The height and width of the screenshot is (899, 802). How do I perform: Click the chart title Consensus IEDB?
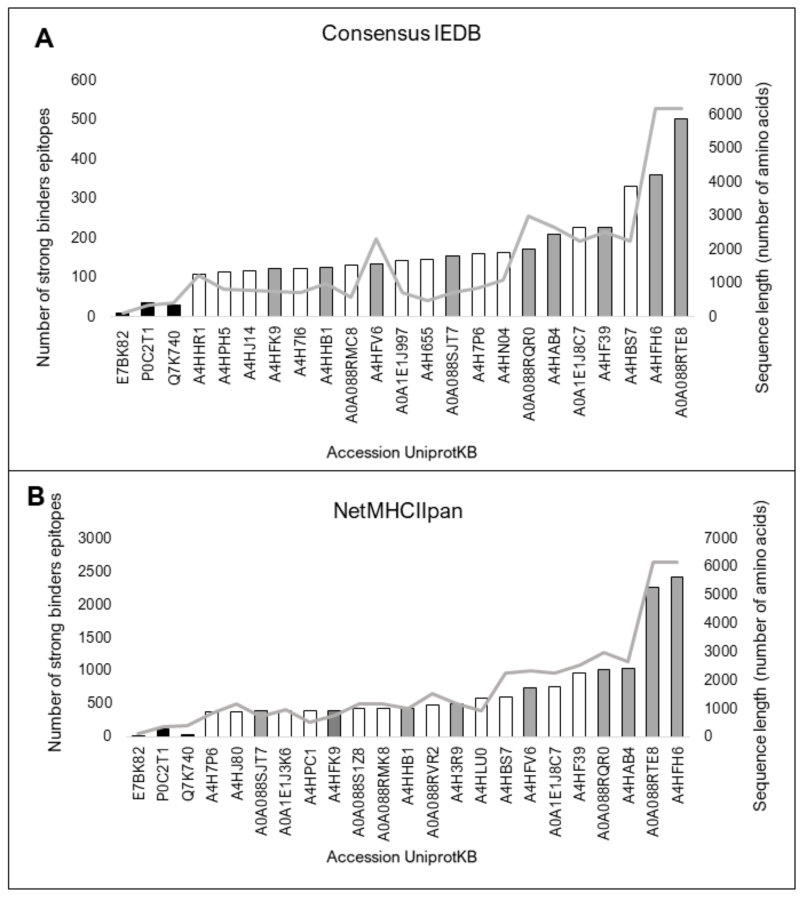point(401,34)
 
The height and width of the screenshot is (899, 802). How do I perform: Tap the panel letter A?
point(44,40)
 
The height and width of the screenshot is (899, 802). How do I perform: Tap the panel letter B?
point(36,497)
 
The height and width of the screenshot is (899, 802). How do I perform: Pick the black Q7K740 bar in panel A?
point(173,310)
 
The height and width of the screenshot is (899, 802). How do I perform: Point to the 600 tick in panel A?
point(83,80)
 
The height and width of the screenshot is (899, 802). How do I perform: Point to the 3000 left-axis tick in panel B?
point(94,538)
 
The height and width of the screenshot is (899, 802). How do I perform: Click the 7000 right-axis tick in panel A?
point(725,80)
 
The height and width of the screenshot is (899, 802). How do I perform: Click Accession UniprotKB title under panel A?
point(401,453)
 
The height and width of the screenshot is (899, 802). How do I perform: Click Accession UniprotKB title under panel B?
point(401,857)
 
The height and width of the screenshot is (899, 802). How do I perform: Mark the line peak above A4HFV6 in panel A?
point(376,239)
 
